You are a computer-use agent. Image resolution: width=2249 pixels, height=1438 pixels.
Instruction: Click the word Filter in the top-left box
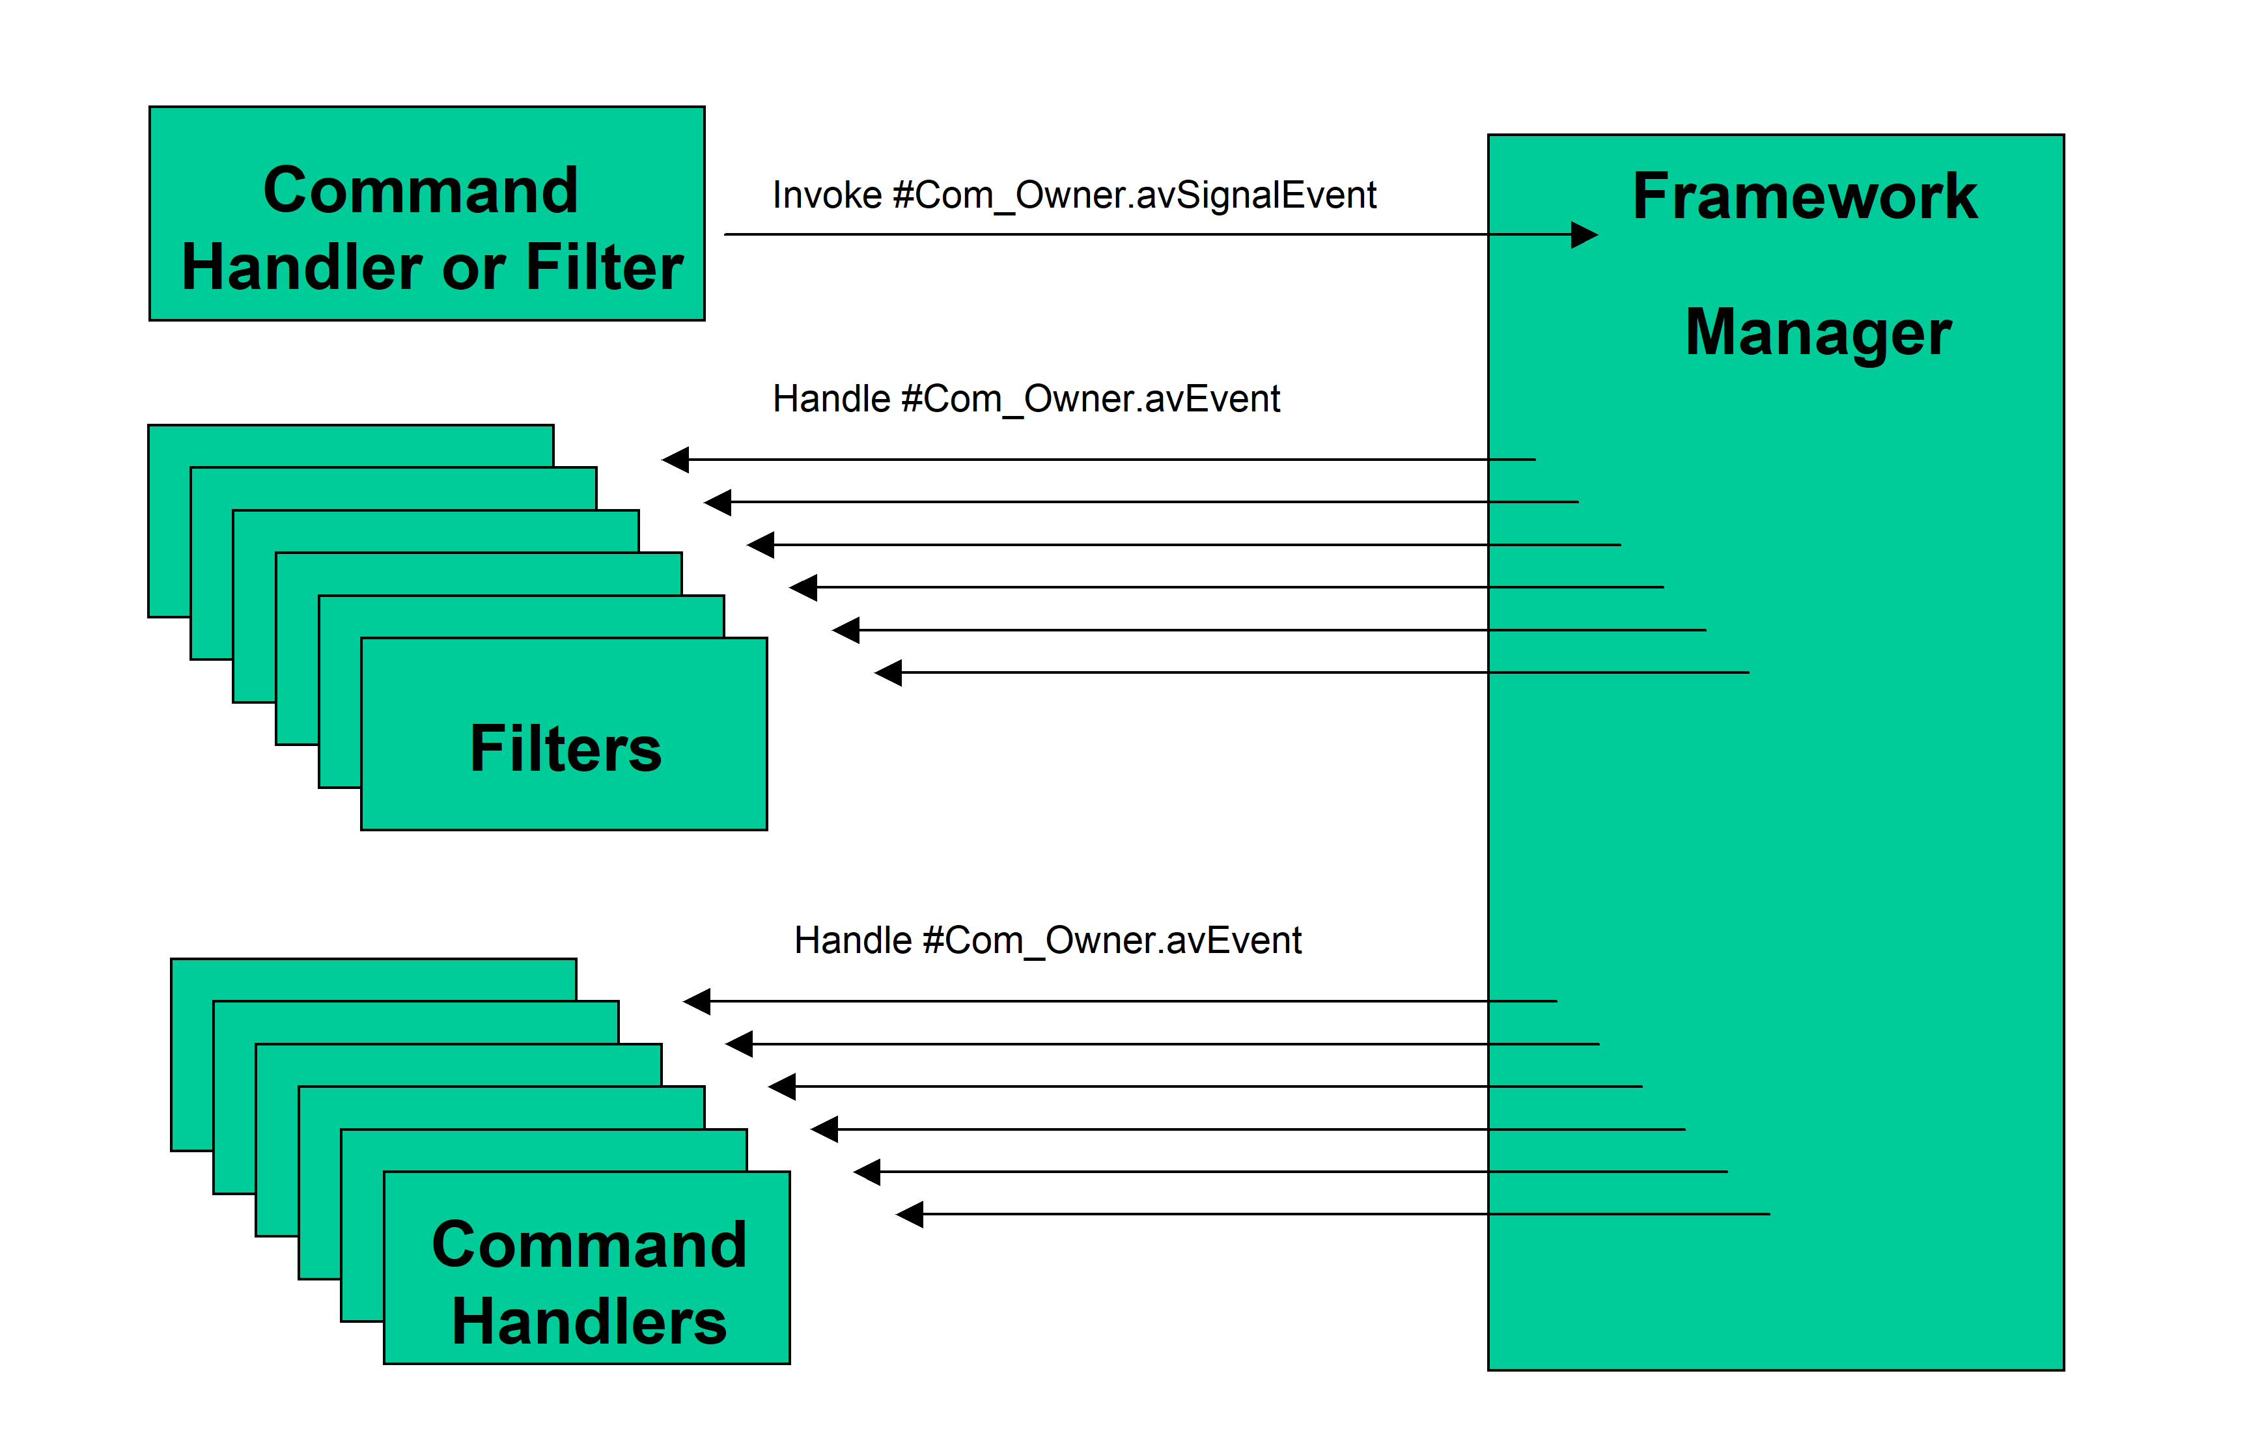(604, 268)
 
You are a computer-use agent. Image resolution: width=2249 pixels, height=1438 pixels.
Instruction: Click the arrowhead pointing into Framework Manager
(1584, 234)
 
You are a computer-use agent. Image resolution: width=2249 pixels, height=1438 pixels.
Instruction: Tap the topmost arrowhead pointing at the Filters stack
(675, 460)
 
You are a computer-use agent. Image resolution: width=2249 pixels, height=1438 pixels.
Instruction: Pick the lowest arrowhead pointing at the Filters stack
(888, 672)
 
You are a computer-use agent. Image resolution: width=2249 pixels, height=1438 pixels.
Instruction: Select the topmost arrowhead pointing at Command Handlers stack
(697, 1001)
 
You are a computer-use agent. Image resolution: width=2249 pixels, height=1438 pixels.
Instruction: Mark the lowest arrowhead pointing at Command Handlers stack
(910, 1214)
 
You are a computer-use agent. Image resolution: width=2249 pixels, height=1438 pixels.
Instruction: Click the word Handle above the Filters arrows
(832, 398)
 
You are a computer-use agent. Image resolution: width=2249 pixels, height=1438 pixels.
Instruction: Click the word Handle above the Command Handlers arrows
(854, 940)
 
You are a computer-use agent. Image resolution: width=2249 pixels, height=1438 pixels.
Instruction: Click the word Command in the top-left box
(421, 191)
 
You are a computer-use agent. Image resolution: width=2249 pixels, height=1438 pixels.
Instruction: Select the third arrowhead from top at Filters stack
(761, 544)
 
